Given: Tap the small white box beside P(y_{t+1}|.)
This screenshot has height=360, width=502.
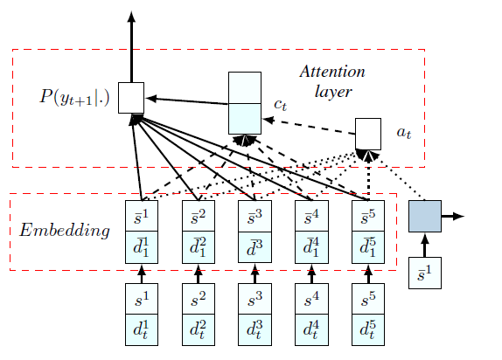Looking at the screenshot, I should tap(130, 98).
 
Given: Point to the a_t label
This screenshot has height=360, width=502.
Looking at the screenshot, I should tap(403, 133).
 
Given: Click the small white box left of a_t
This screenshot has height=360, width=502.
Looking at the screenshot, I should tap(368, 133).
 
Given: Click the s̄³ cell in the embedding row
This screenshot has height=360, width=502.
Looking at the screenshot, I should tap(254, 216).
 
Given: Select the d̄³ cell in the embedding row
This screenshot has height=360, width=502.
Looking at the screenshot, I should tap(254, 246).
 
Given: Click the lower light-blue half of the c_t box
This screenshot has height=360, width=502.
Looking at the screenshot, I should tap(244, 117).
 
